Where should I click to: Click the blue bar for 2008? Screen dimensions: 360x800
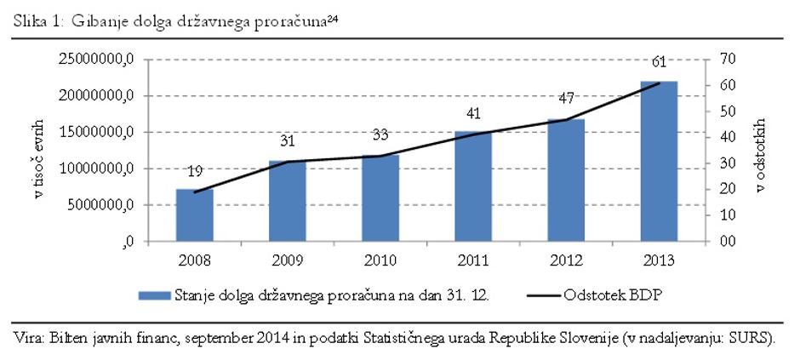[x=194, y=215]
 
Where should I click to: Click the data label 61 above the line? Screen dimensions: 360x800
[x=659, y=61]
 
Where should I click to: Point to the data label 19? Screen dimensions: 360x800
[x=194, y=171]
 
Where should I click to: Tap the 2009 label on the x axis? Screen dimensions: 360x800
[x=288, y=258]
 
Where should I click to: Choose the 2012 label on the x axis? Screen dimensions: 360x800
[x=566, y=258]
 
